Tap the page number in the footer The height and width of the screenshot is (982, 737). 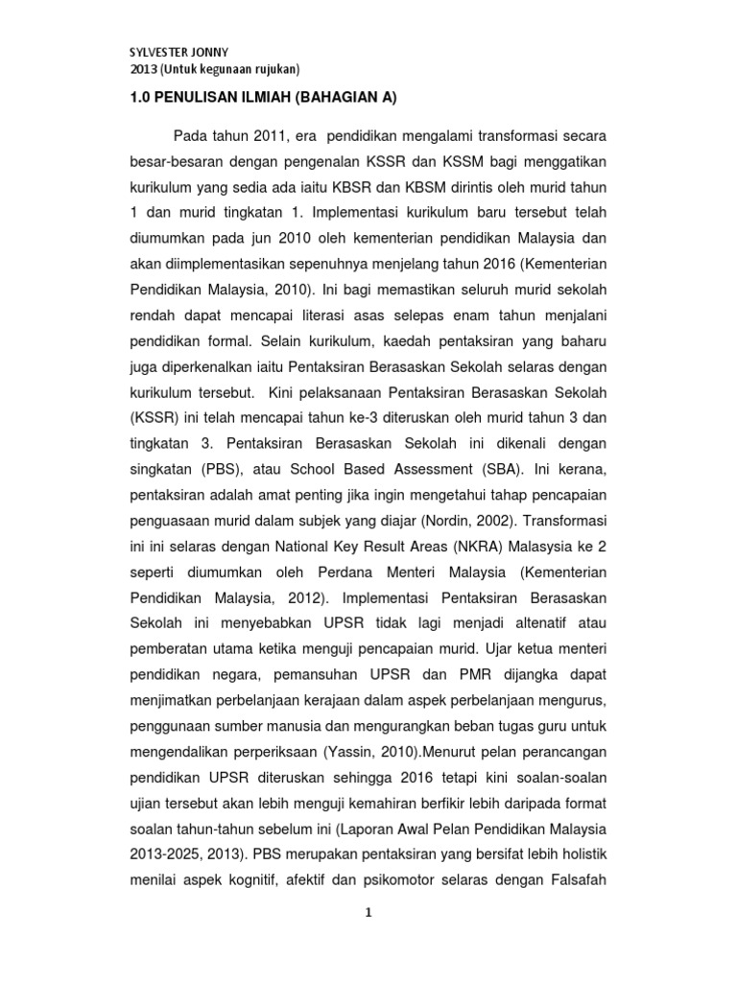368,915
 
